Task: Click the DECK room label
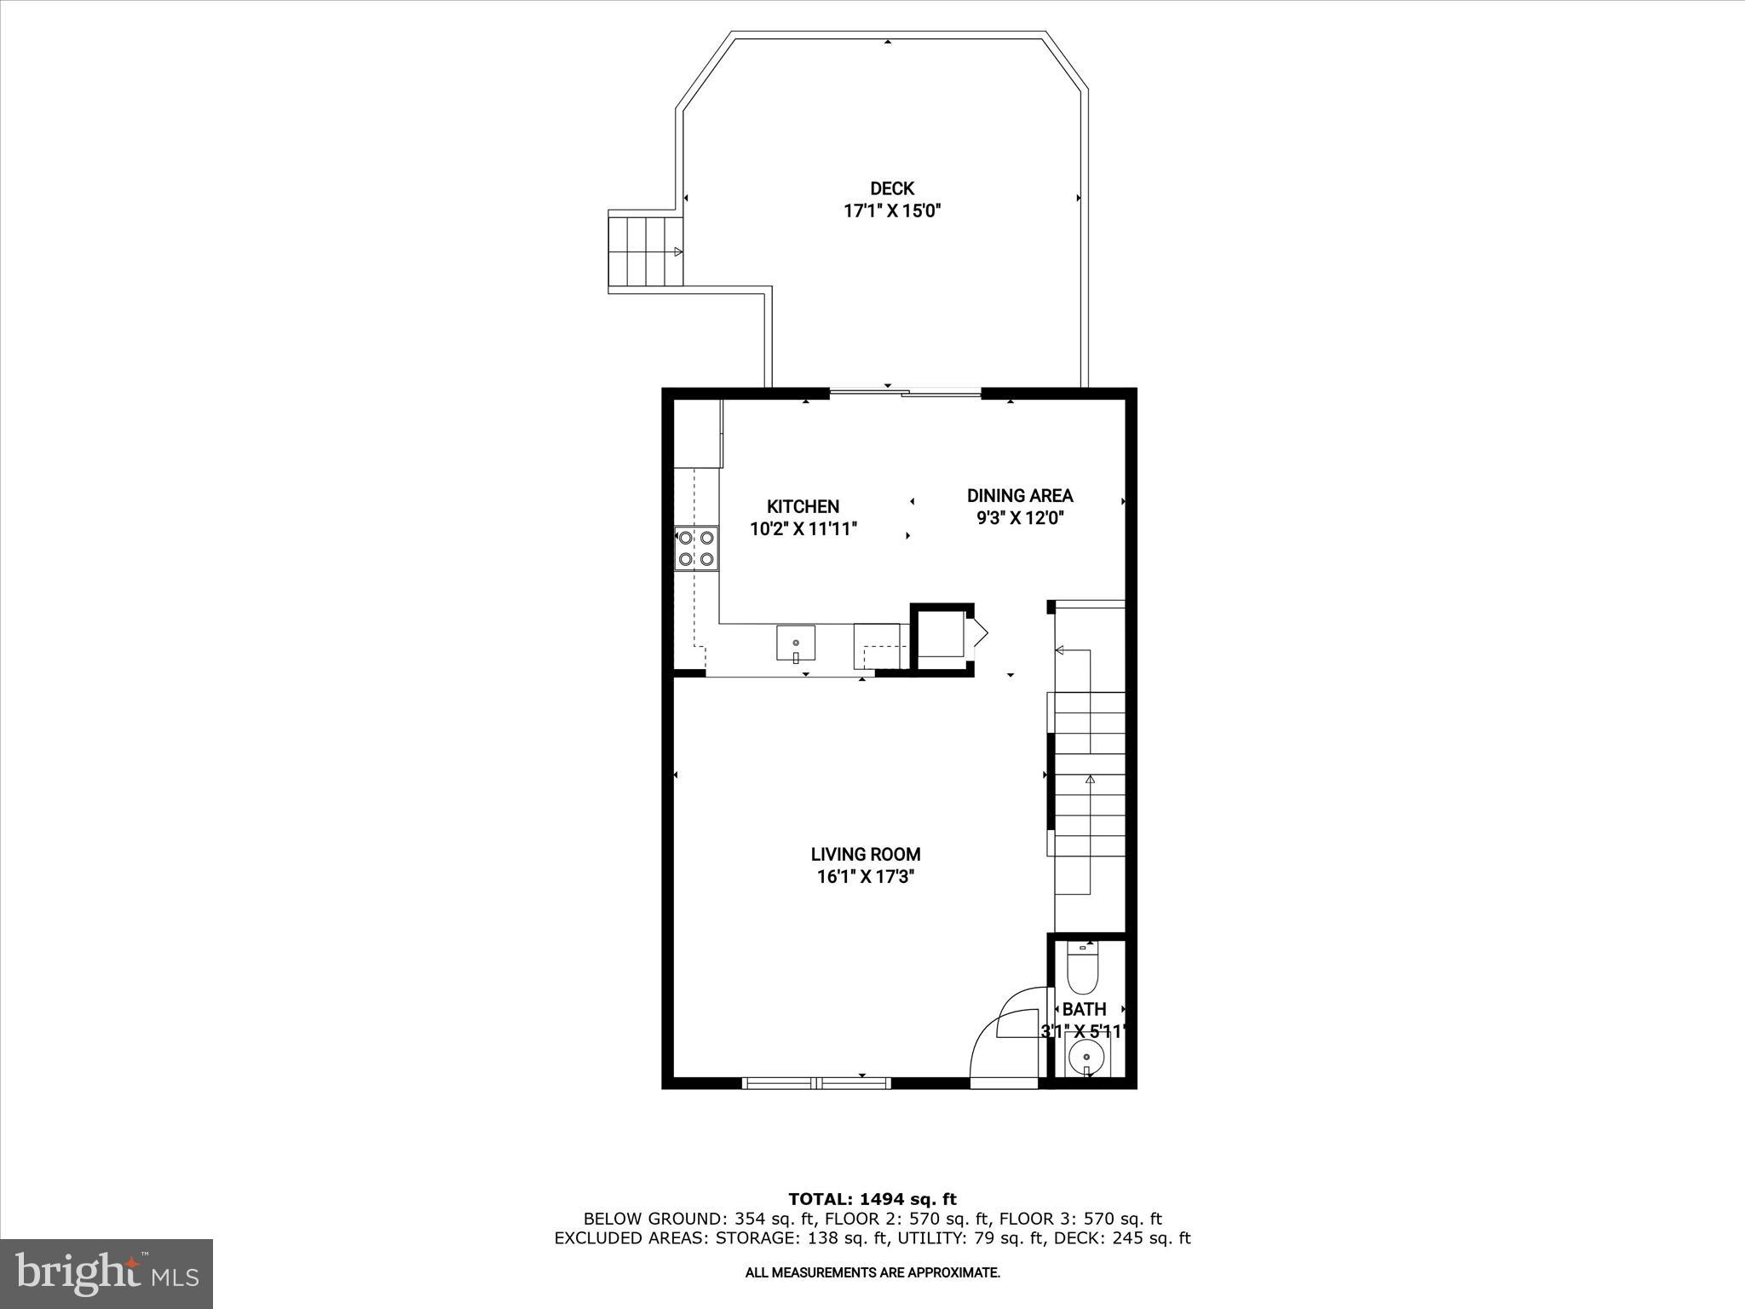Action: click(891, 188)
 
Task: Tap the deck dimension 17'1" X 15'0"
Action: click(891, 211)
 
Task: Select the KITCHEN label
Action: click(803, 506)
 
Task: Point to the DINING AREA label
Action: click(1019, 495)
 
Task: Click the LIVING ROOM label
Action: click(865, 854)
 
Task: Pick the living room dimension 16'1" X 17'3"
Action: click(865, 877)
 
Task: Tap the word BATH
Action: click(1084, 1010)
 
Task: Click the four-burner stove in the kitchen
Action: click(696, 548)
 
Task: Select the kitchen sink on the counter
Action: click(795, 643)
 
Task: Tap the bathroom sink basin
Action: click(1086, 1057)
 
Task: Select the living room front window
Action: click(815, 1083)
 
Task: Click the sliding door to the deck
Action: click(905, 393)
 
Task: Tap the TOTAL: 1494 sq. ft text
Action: click(872, 1199)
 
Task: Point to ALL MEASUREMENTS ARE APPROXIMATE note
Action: click(872, 1273)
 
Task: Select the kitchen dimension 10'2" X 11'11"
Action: click(803, 529)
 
